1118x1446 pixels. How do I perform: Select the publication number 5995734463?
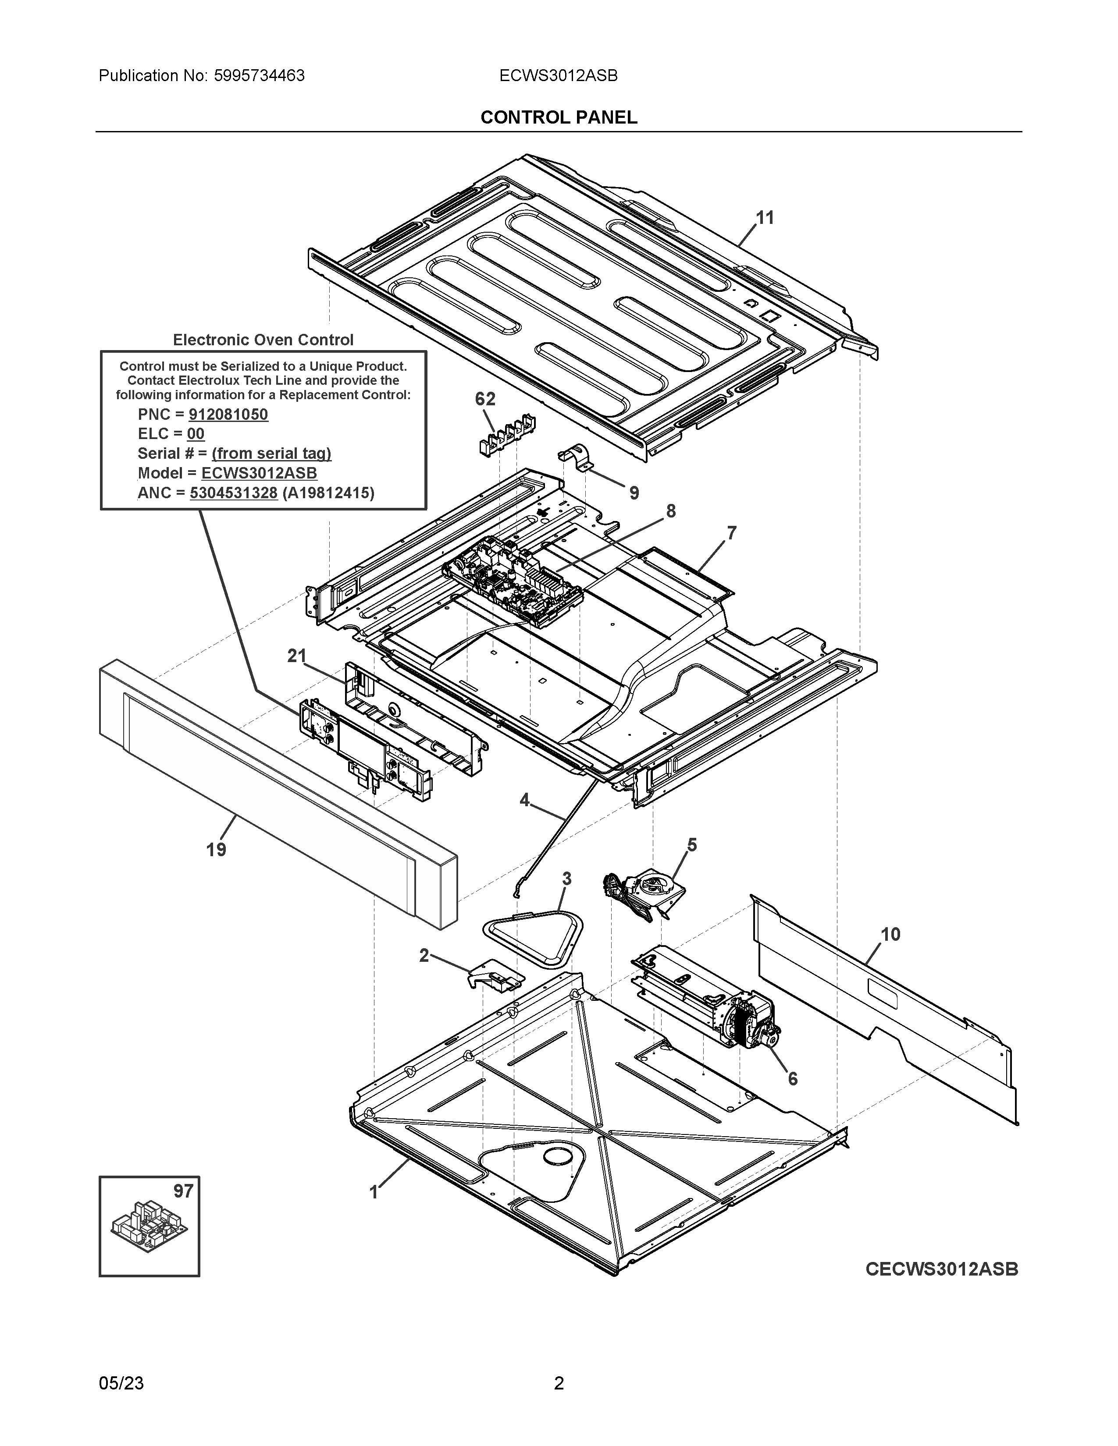coord(259,76)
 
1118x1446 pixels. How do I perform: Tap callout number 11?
coord(765,218)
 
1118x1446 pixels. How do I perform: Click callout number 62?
coord(485,399)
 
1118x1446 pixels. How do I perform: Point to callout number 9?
coord(634,493)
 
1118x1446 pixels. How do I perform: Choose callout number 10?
coord(890,934)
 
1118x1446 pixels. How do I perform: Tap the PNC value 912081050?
coord(228,415)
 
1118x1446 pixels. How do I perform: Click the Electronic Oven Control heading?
coord(263,340)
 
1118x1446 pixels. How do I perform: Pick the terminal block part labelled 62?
coord(507,434)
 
